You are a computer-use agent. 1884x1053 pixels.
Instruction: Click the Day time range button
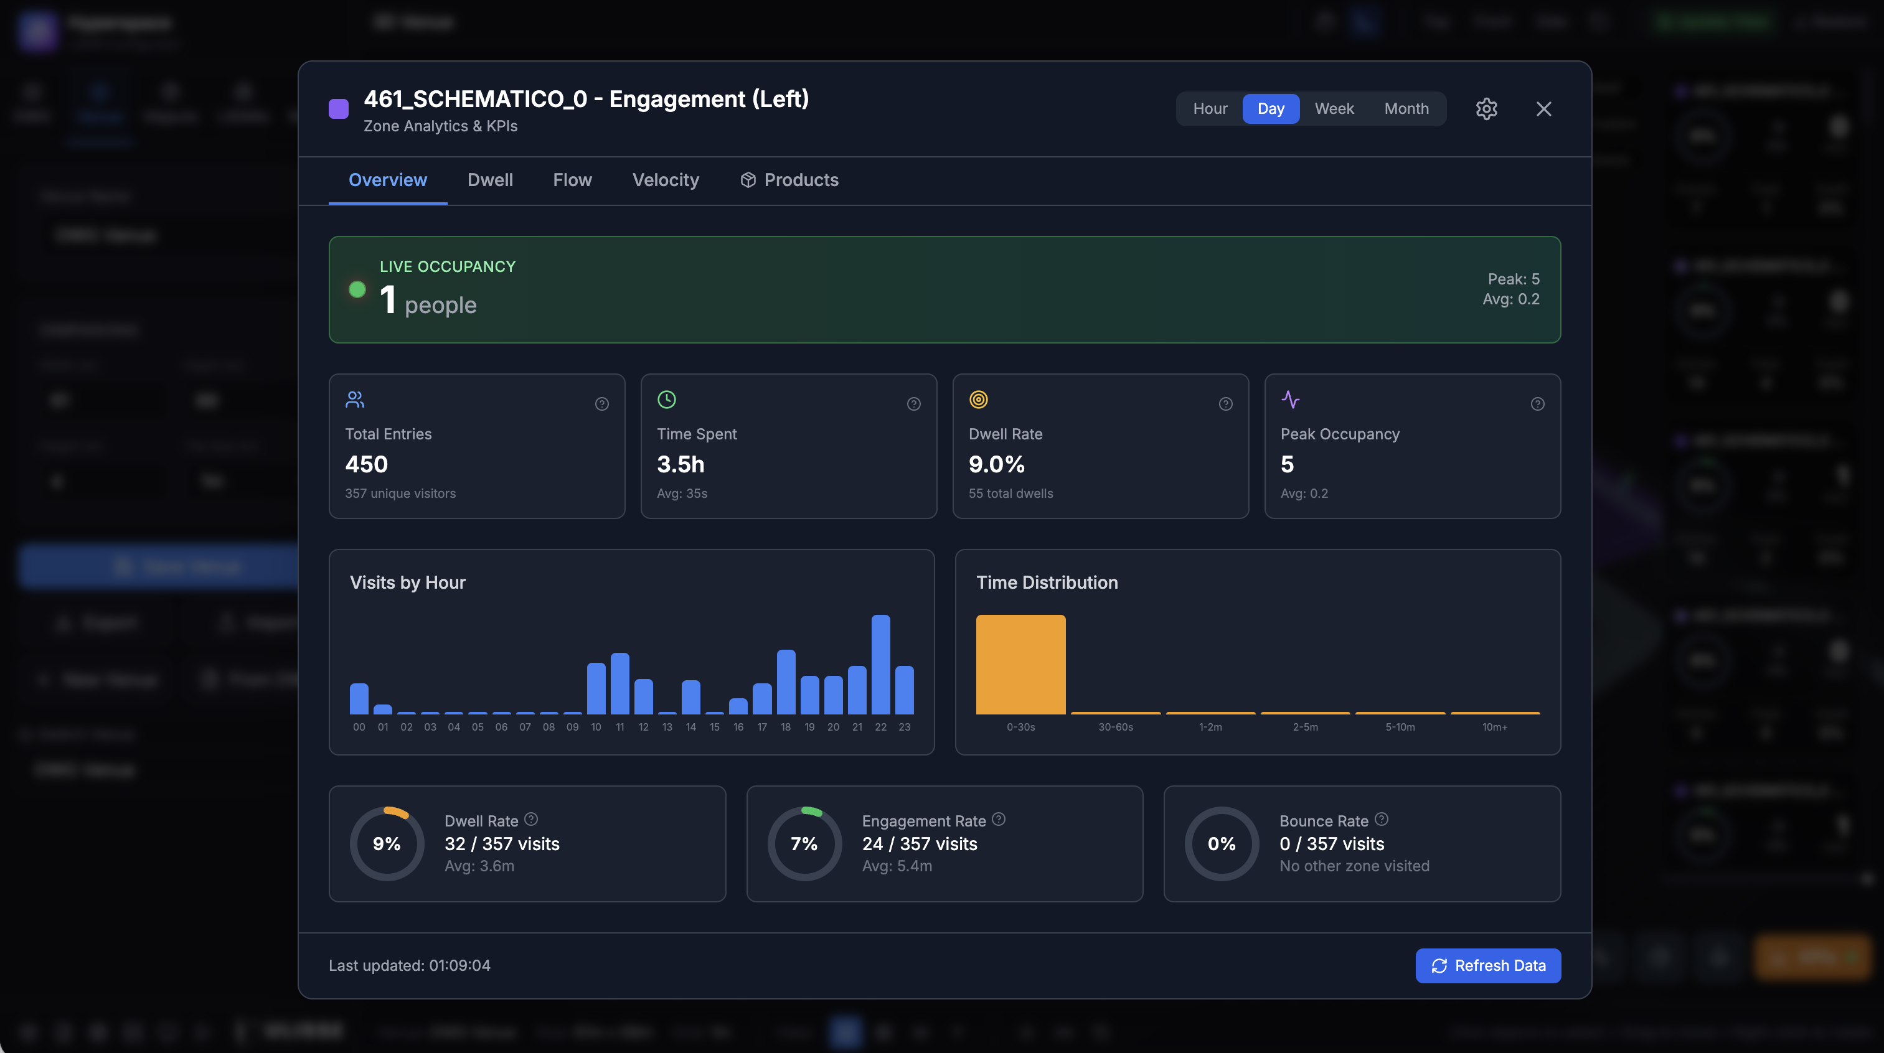1270,109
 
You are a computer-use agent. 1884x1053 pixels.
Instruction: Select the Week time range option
1334,109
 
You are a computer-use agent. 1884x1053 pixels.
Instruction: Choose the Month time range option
1406,109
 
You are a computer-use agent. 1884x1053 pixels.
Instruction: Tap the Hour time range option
1210,109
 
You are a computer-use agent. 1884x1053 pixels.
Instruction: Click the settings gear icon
1486,109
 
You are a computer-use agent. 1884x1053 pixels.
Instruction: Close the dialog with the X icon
1543,109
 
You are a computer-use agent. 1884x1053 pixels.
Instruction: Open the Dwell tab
490,180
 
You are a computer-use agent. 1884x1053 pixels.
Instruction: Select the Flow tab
572,180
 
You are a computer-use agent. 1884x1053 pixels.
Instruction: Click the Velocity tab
665,180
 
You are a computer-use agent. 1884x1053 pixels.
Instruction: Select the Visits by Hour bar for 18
786,681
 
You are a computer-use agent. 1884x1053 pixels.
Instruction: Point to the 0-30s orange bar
1020,664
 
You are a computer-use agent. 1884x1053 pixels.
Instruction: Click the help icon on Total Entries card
602,404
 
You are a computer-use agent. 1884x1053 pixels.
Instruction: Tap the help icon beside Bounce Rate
1381,820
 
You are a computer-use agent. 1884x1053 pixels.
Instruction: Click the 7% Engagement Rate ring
804,844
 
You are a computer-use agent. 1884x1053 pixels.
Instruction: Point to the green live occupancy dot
357,289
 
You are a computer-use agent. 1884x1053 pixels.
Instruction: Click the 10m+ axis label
1494,727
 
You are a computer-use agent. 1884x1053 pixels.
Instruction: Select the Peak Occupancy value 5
1287,464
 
